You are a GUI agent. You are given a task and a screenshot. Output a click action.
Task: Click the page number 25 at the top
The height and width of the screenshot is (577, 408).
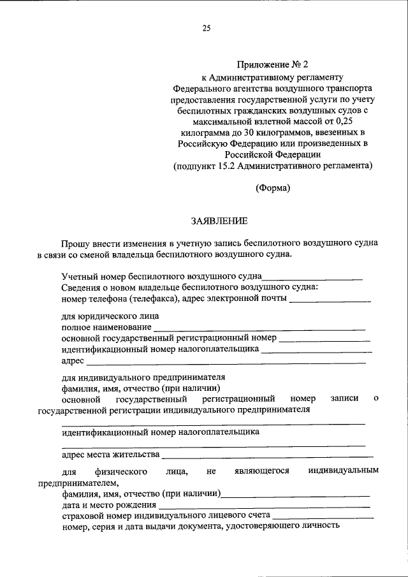(x=206, y=28)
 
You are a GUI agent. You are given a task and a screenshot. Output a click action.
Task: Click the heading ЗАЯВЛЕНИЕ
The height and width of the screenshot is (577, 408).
(x=219, y=221)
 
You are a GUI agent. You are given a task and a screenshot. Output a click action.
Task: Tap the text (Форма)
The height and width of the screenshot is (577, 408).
(x=273, y=187)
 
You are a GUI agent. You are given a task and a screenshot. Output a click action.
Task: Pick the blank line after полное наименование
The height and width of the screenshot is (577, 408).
(x=259, y=329)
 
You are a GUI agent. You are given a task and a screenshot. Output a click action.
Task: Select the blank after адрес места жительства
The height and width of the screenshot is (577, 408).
(x=267, y=456)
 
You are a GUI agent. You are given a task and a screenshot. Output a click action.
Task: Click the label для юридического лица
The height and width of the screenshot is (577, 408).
(x=110, y=316)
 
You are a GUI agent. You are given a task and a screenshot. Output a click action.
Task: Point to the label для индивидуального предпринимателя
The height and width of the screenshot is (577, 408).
(x=143, y=377)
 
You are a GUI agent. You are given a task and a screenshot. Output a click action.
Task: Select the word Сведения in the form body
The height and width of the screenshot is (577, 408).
(x=80, y=288)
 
